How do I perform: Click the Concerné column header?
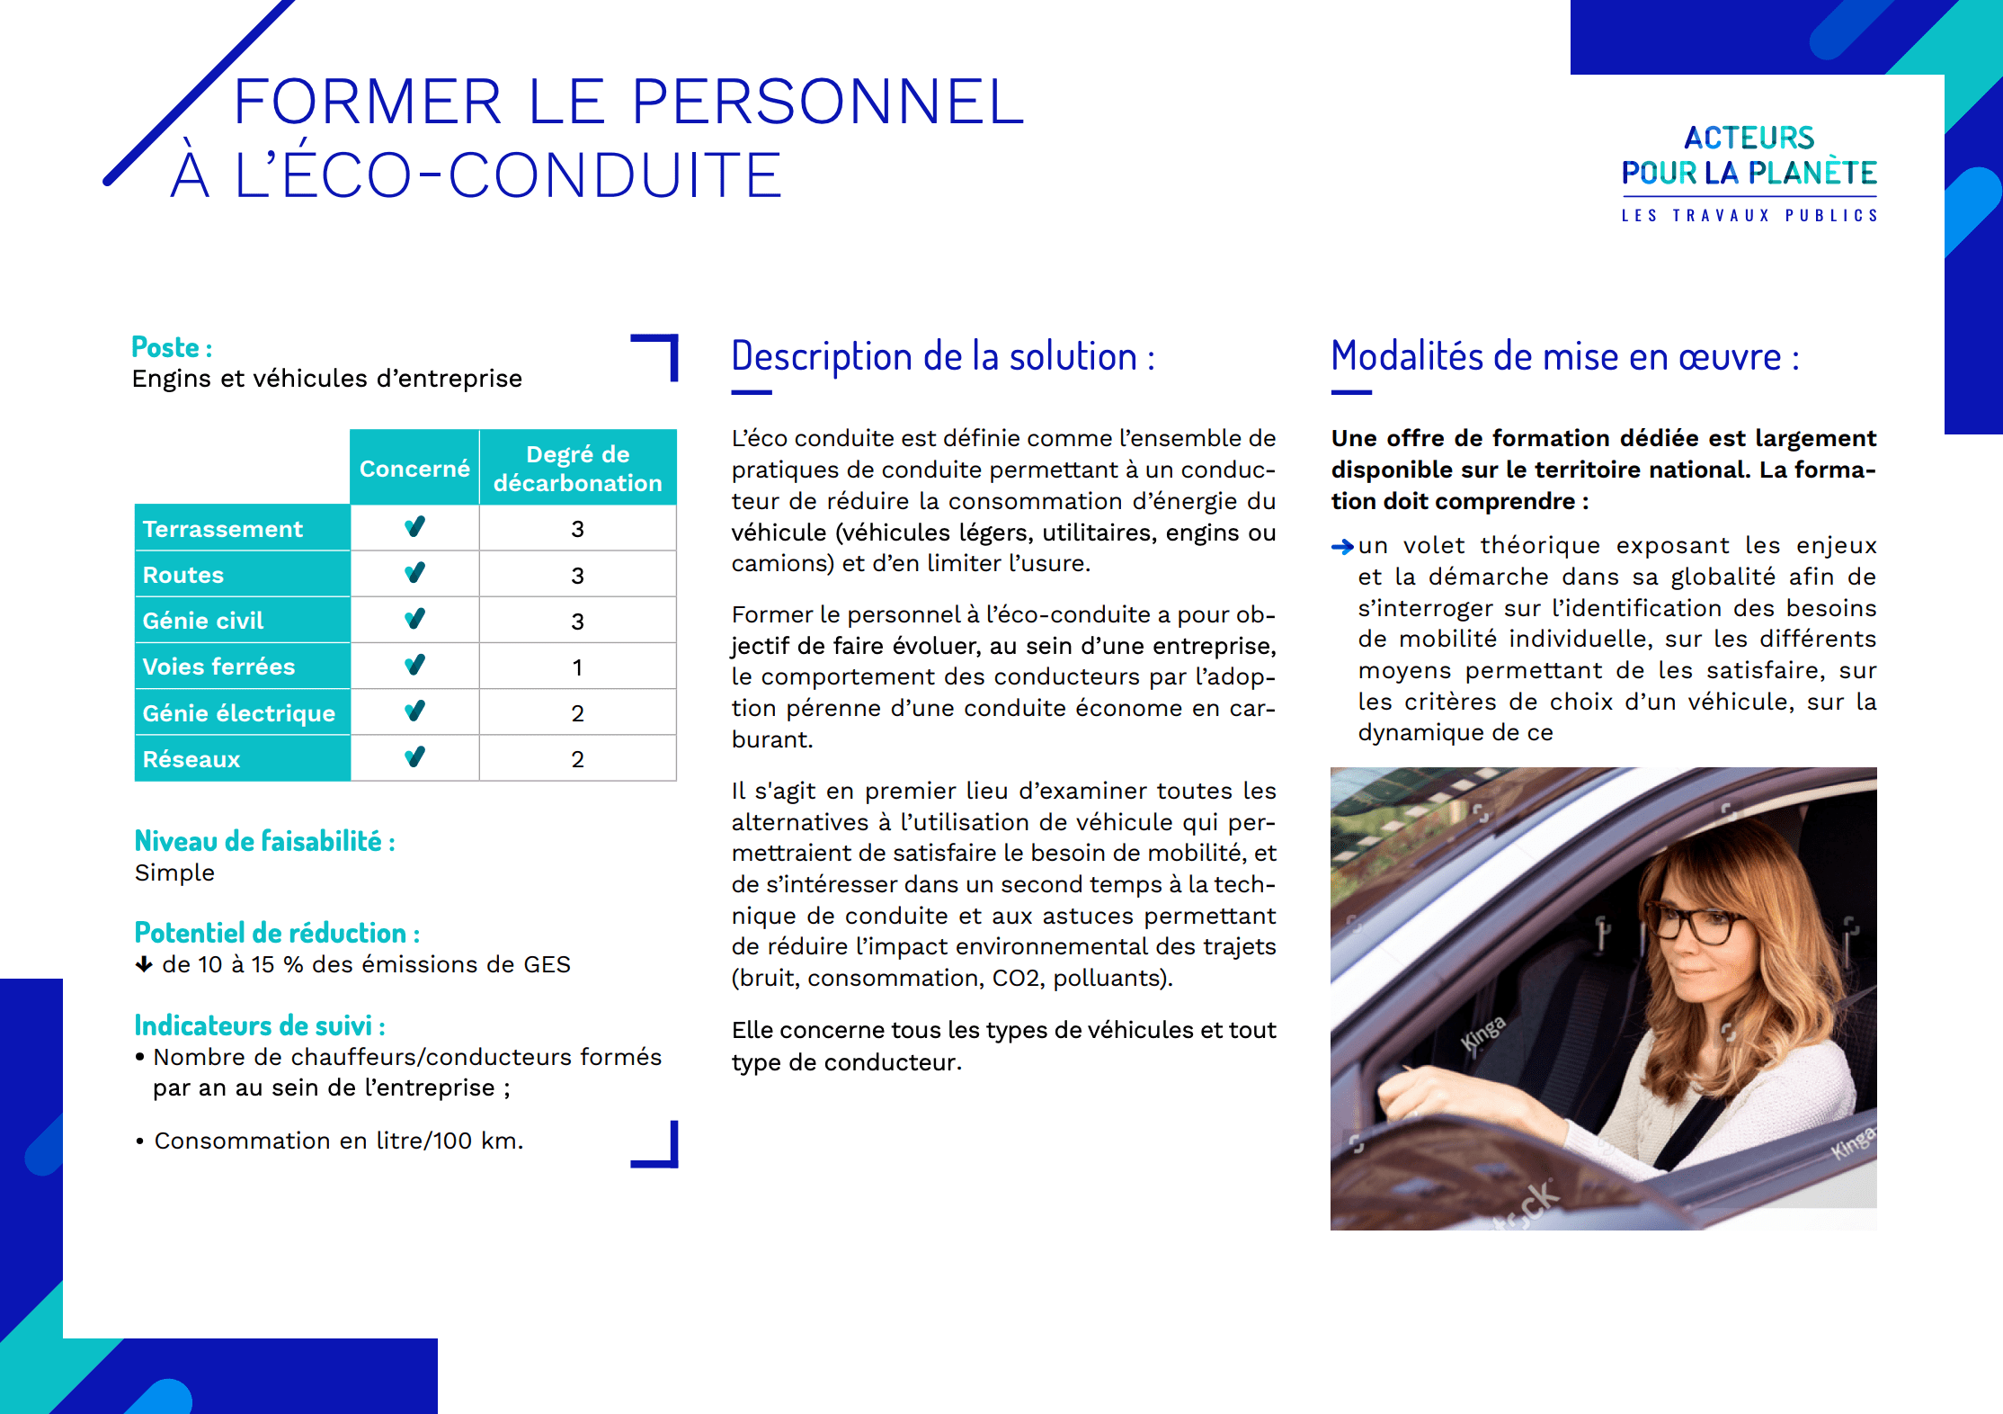coord(414,469)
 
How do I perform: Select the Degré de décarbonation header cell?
coord(577,469)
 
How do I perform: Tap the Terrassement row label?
coord(223,529)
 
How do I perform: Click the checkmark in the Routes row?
coord(414,573)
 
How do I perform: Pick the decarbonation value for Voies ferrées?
coord(577,667)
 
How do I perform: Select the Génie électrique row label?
coord(239,713)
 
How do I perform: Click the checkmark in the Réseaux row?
coord(414,757)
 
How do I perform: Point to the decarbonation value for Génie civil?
coord(577,622)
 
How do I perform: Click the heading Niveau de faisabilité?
coord(264,841)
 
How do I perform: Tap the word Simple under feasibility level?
coord(174,873)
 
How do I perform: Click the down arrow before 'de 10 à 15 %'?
coord(144,965)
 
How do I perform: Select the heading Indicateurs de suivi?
coord(259,1025)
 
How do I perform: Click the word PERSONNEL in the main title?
coord(827,101)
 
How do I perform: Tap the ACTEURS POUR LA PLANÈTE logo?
coord(1749,171)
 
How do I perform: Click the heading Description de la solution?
coord(942,356)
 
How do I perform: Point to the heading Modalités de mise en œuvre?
coord(1564,356)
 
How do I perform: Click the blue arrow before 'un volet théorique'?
coord(1342,546)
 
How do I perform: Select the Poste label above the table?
coord(171,347)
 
